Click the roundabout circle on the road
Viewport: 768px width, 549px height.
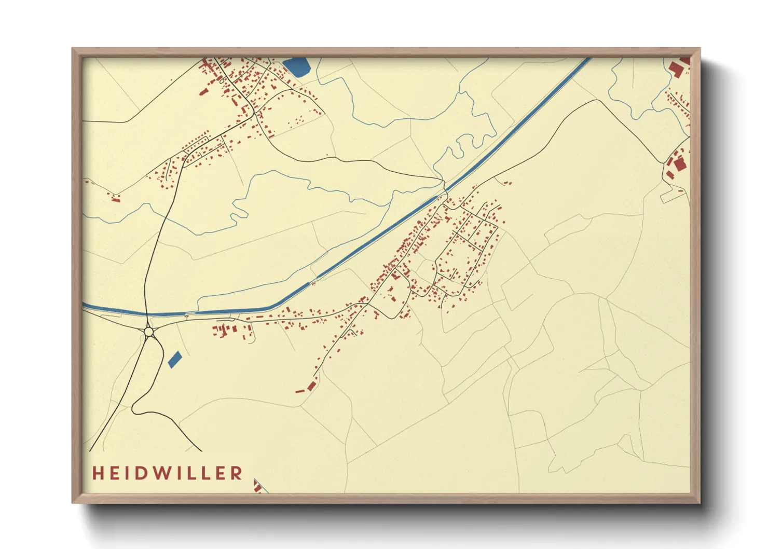tap(149, 331)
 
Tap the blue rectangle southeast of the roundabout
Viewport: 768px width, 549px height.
tap(175, 359)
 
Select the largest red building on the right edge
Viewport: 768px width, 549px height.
tap(680, 164)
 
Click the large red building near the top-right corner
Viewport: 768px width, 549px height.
tap(676, 68)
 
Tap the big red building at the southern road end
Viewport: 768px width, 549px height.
tap(311, 386)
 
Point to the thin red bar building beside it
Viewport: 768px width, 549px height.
tap(300, 391)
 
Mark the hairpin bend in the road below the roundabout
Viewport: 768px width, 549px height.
tap(134, 409)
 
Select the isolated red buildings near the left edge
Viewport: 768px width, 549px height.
tap(115, 197)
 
